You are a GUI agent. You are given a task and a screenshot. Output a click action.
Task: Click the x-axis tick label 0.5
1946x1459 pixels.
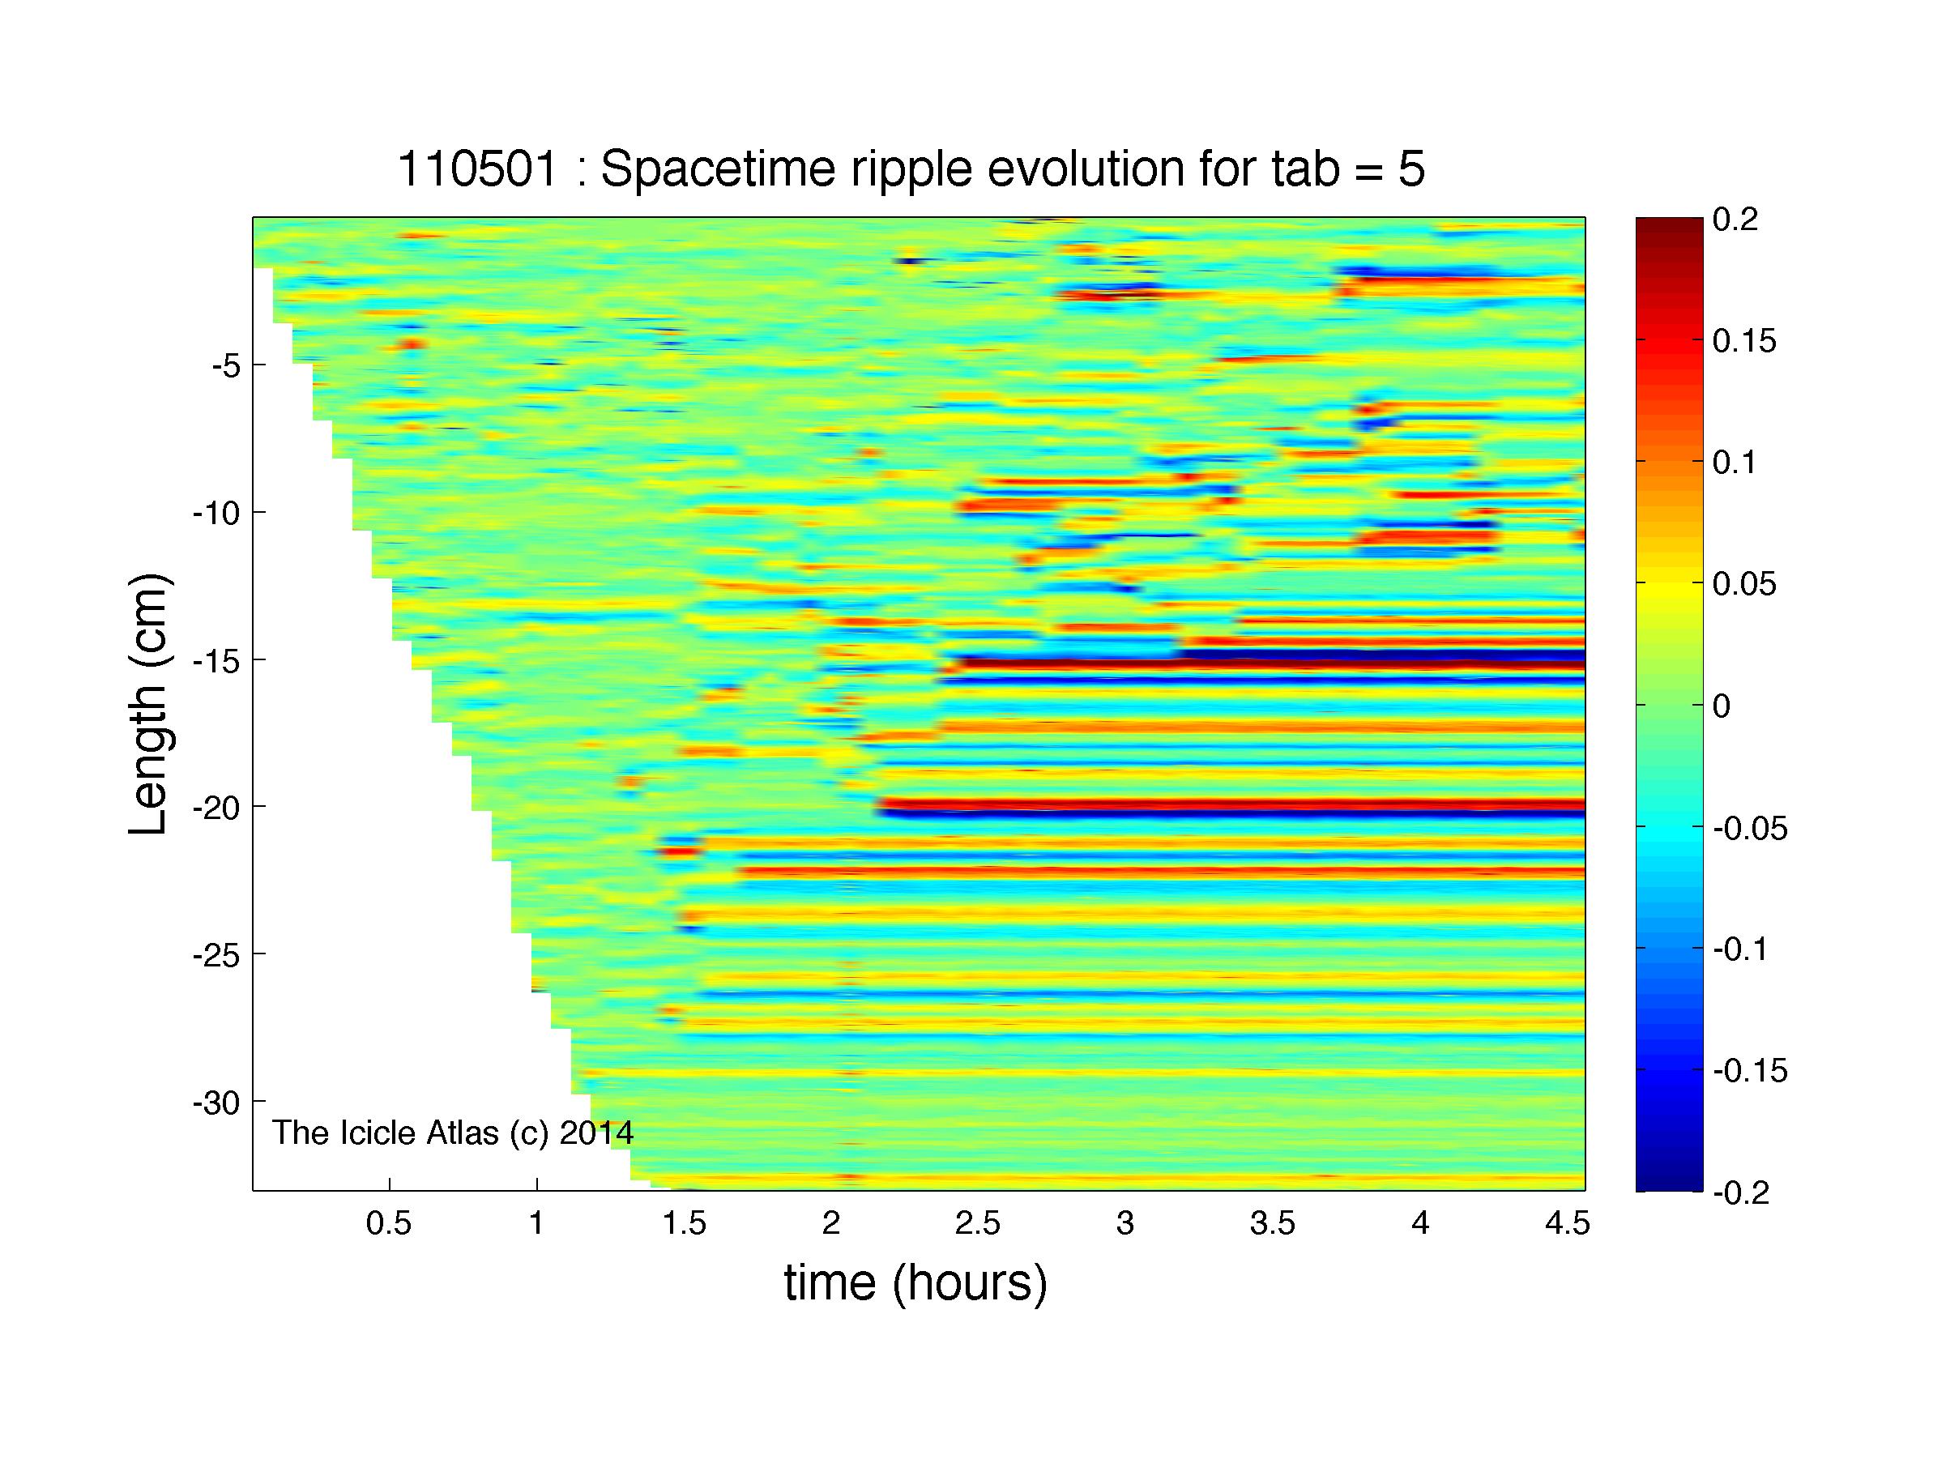tap(389, 1225)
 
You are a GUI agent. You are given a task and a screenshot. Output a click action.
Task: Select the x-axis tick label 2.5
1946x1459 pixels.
tap(979, 1225)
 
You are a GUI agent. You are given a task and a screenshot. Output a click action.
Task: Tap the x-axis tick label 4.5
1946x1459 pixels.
tap(1567, 1225)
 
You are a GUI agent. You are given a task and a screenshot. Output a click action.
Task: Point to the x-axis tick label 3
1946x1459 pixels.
tap(1125, 1225)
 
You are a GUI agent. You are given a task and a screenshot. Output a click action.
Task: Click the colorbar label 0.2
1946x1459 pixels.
tap(1735, 219)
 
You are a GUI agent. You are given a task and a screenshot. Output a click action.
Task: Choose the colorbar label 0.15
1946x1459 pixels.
tap(1744, 340)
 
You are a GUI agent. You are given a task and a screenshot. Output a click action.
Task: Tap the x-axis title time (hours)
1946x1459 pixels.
tap(915, 1283)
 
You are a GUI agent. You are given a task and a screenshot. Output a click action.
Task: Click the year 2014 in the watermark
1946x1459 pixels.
tap(596, 1133)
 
